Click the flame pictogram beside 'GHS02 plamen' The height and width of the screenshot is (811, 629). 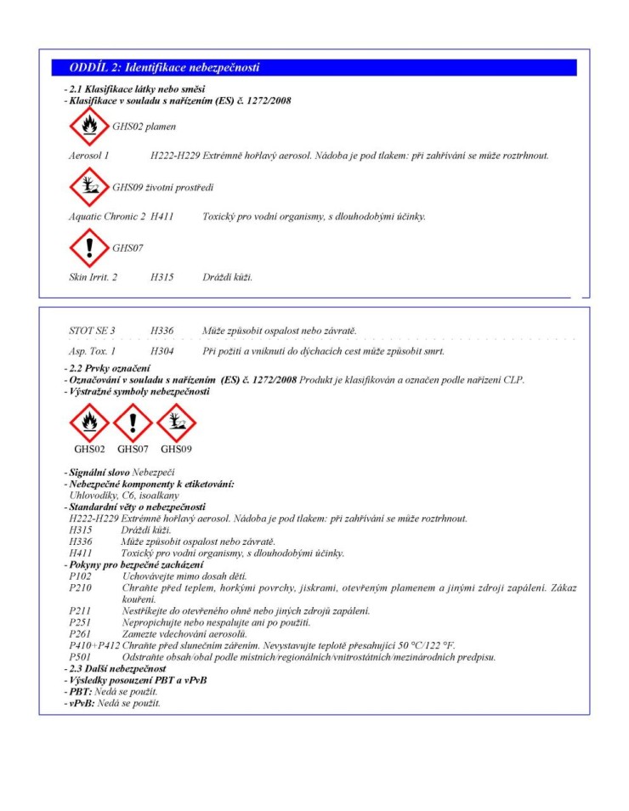[x=89, y=127]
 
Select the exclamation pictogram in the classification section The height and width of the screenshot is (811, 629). [x=89, y=247]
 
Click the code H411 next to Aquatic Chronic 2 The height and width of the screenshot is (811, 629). [x=162, y=217]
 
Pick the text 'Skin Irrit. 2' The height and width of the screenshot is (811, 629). [x=93, y=277]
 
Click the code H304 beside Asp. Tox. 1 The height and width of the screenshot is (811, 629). [x=162, y=351]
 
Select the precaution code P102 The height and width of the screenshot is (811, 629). [x=80, y=577]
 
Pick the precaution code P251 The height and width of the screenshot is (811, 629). [x=80, y=622]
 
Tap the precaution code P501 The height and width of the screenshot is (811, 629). [x=80, y=657]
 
